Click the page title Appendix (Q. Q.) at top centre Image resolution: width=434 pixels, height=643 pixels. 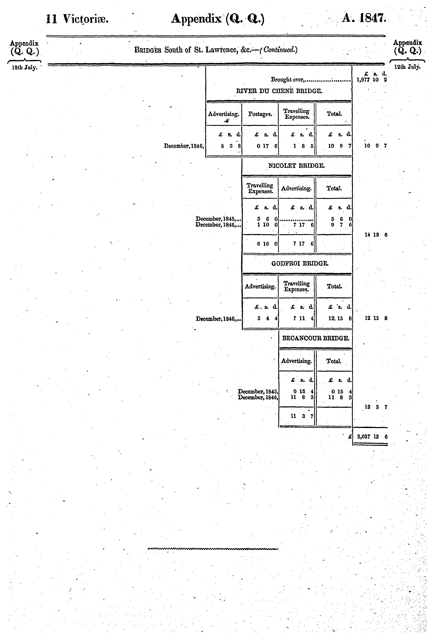pos(217,19)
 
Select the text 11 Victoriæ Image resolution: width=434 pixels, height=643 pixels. pos(77,19)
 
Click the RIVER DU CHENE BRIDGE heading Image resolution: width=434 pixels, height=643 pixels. pos(279,91)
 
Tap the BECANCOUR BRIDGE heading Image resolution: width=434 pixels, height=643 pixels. pos(316,338)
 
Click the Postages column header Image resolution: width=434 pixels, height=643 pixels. pos(260,114)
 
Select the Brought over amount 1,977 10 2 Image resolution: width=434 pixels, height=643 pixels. pos(372,80)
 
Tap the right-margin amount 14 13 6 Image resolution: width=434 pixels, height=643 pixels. pos(376,235)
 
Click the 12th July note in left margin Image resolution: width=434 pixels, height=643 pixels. pos(24,68)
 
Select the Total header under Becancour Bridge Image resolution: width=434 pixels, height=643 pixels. pos(334,361)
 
